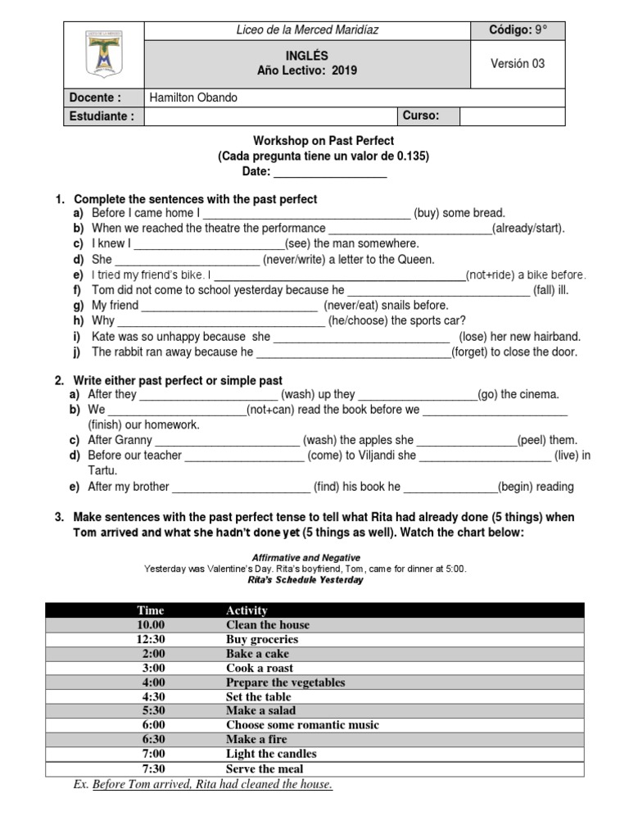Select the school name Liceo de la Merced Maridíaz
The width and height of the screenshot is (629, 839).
click(307, 30)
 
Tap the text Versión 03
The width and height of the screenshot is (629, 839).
click(517, 63)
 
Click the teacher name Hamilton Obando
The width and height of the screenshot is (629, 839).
click(193, 98)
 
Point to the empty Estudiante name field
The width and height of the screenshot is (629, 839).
click(270, 116)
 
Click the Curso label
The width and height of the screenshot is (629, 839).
click(421, 116)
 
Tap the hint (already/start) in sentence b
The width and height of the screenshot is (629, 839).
click(528, 228)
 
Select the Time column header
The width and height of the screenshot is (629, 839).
click(151, 610)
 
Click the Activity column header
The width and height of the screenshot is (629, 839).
click(247, 610)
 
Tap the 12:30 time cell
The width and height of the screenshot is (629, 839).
click(152, 639)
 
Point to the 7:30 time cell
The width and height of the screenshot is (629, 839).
click(152, 769)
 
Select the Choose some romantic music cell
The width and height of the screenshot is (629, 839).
click(302, 725)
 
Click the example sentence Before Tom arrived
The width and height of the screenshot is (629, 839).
click(212, 785)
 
